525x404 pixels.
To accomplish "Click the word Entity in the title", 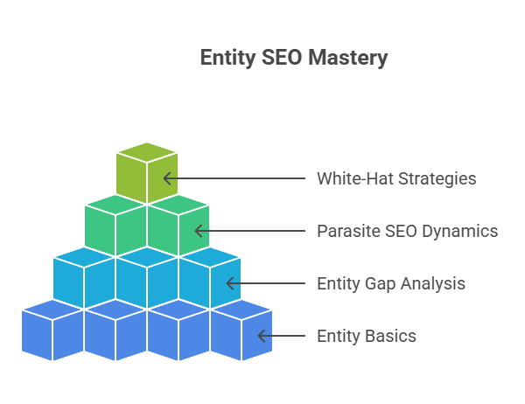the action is pyautogui.click(x=227, y=59).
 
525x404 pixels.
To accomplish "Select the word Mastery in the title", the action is pyautogui.click(x=348, y=59).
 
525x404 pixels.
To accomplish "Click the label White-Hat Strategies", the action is pyautogui.click(x=396, y=178).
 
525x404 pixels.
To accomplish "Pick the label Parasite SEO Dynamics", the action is pyautogui.click(x=408, y=231).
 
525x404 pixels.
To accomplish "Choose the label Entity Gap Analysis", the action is pyautogui.click(x=391, y=283).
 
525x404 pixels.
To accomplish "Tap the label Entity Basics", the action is pyautogui.click(x=367, y=336).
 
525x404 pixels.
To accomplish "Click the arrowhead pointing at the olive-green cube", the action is pyautogui.click(x=167, y=178).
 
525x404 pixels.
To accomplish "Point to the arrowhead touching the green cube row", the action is pyautogui.click(x=199, y=231).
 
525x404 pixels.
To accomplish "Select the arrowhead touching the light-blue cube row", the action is pyautogui.click(x=230, y=283).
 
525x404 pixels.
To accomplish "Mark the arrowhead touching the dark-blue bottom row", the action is pyautogui.click(x=262, y=336).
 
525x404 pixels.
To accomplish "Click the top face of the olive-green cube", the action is pyautogui.click(x=147, y=153).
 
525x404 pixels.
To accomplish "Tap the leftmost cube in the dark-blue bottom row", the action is pyautogui.click(x=52, y=331).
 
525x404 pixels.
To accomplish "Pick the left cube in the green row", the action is pyautogui.click(x=115, y=226).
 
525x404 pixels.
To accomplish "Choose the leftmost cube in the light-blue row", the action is pyautogui.click(x=84, y=278).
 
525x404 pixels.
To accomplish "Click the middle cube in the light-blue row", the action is pyautogui.click(x=147, y=278).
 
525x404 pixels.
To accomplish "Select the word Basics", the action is pyautogui.click(x=391, y=336).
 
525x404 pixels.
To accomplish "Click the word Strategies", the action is pyautogui.click(x=437, y=179).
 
